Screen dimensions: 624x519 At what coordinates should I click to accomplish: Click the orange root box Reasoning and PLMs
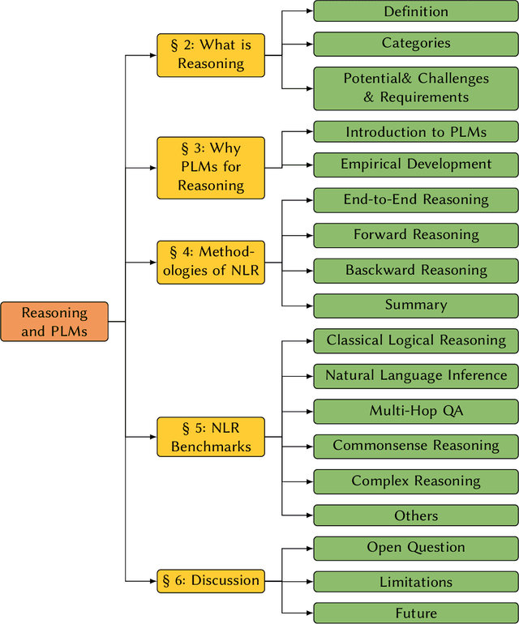[54, 322]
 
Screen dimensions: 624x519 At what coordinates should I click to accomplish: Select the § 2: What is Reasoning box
[211, 55]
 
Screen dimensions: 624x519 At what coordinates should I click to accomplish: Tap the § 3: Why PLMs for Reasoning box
[211, 168]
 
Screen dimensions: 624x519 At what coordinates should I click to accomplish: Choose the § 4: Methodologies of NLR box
[211, 262]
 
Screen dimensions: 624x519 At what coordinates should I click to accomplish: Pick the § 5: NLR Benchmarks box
[211, 437]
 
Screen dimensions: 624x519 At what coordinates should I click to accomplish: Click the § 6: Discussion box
[211, 580]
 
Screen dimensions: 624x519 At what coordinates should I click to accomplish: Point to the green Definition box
[415, 11]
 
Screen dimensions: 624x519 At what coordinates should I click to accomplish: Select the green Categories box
[415, 44]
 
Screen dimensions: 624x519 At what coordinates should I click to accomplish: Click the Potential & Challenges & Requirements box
[415, 88]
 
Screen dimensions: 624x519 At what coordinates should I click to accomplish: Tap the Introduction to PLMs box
[415, 132]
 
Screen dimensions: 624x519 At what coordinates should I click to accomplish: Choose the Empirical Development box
[415, 165]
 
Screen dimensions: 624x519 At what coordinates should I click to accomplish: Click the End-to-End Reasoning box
[415, 200]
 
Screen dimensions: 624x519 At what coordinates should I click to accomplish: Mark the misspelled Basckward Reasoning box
[415, 271]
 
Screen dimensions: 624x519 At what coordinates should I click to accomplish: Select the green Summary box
[415, 306]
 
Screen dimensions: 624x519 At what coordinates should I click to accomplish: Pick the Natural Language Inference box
[415, 376]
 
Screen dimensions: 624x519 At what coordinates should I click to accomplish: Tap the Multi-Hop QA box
[415, 411]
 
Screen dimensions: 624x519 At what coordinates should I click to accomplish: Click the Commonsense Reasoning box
[415, 446]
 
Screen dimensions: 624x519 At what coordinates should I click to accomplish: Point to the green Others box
[415, 515]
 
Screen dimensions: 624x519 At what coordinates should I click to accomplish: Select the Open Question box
[415, 549]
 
